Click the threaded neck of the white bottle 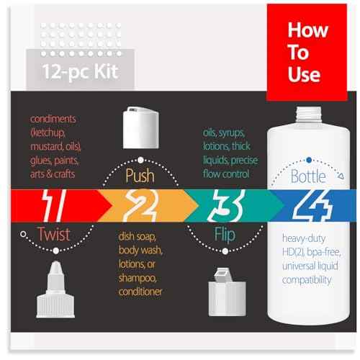coord(308,117)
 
